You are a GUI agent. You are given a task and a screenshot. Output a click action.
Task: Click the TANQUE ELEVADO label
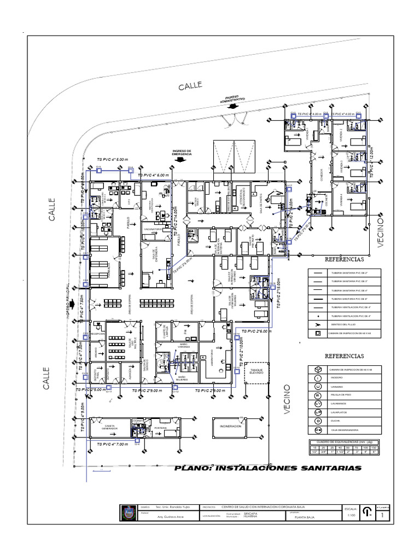coord(257,372)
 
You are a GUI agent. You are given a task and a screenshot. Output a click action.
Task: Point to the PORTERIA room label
coord(161,428)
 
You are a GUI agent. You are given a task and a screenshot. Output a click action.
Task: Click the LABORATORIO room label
coord(211,354)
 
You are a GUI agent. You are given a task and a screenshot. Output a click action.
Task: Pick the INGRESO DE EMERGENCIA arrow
coord(180,162)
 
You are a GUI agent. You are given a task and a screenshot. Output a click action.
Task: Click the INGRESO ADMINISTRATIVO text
coord(232,99)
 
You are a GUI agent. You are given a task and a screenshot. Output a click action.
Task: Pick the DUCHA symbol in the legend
coord(317,421)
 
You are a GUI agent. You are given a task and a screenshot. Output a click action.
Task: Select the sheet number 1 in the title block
coord(390,515)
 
